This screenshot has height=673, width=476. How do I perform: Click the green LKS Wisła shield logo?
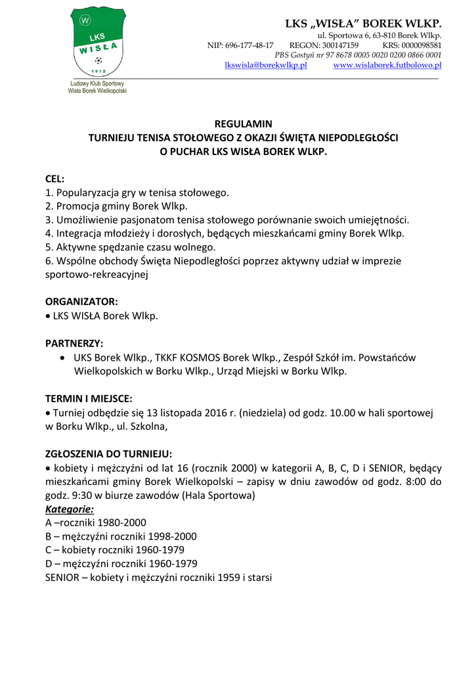coord(98,45)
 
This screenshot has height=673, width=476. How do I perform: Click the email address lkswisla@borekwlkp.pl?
coord(266,65)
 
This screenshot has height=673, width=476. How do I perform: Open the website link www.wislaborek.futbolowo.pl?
coord(387,65)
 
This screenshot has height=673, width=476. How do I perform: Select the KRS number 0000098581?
coord(422,45)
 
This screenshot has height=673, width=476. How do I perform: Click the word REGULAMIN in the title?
coord(244,124)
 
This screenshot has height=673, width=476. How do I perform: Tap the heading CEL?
coord(55,179)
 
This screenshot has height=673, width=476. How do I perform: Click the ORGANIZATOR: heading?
coord(81,302)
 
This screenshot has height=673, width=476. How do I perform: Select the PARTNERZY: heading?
coord(74,343)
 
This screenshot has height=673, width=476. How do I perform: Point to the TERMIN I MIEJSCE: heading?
coord(89,398)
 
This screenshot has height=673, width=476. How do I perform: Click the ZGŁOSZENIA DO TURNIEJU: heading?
coord(109,453)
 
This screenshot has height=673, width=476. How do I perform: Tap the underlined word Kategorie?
coord(69,509)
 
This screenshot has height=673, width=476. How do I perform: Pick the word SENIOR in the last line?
coord(62,578)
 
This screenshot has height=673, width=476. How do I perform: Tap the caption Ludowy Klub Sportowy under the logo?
coord(97,84)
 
